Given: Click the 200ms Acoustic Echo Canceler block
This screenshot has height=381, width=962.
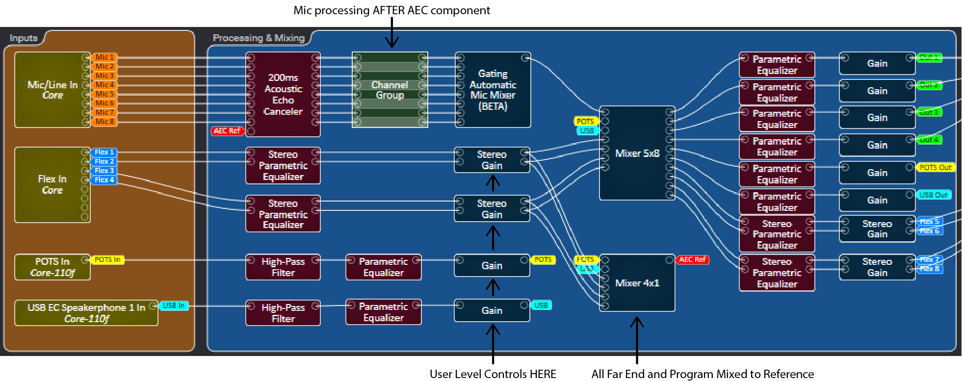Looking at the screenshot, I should (x=283, y=94).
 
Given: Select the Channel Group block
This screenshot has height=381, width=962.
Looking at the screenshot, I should (x=390, y=90).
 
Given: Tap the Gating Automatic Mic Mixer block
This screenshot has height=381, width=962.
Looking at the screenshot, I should (x=493, y=90).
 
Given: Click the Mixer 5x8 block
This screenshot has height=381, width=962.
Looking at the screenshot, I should (x=637, y=153).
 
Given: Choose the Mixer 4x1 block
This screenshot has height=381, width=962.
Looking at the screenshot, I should (x=637, y=283).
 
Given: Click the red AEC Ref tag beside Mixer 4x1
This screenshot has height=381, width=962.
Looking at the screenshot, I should (x=692, y=259).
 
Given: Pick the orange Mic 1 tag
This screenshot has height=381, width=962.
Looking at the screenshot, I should (x=104, y=57).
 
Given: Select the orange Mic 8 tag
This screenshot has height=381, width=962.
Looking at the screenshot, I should (x=104, y=122).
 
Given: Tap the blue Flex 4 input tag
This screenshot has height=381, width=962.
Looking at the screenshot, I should (x=104, y=180).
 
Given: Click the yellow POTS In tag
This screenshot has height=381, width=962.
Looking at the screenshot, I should (x=107, y=259).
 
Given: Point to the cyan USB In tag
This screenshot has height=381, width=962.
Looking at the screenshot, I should (x=174, y=305).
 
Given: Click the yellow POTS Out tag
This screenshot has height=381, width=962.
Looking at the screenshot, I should (x=935, y=167).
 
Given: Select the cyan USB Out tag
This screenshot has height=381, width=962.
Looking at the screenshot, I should (x=933, y=195).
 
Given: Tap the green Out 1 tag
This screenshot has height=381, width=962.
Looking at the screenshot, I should (x=928, y=57).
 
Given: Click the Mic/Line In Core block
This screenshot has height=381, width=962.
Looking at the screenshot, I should (x=52, y=90).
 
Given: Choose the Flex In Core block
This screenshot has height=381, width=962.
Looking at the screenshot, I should (x=52, y=184).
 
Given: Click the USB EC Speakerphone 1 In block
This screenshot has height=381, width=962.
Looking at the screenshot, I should (x=86, y=313).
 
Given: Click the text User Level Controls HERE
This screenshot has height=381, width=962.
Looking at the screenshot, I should (x=493, y=374).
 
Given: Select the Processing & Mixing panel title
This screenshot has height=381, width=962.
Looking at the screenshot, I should (x=259, y=38).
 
